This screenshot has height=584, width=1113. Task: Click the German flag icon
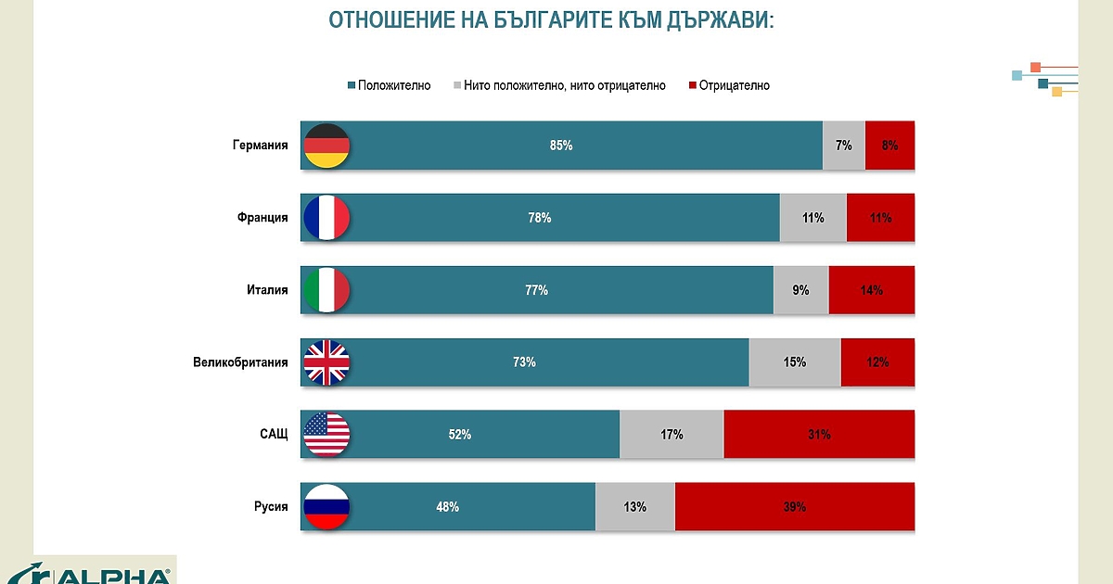[326, 146]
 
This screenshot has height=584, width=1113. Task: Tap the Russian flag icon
[326, 507]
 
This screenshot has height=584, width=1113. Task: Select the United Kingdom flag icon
[326, 362]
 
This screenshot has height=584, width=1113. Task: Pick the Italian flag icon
[326, 290]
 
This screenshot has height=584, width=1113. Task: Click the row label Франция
[262, 218]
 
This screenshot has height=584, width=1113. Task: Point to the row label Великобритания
[241, 362]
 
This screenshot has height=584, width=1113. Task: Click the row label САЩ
[274, 435]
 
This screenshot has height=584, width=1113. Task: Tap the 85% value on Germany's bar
[561, 146]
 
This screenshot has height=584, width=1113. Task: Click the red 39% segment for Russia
[794, 507]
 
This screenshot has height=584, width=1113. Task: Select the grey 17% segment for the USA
[672, 435]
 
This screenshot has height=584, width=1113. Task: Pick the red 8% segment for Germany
[889, 146]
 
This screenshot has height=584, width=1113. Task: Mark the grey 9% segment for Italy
[800, 290]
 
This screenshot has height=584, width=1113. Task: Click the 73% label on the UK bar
[524, 362]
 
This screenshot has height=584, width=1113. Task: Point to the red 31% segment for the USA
[818, 435]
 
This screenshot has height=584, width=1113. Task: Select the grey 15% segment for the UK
[794, 362]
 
